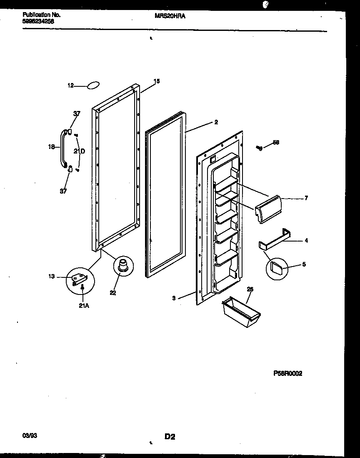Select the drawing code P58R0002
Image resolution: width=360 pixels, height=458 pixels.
pyautogui.click(x=287, y=374)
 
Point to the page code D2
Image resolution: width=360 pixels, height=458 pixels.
pyautogui.click(x=170, y=437)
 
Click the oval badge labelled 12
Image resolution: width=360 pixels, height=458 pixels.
pyautogui.click(x=93, y=86)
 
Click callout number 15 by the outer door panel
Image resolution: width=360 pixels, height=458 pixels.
pyautogui.click(x=156, y=81)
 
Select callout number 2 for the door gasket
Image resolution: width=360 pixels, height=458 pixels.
pyautogui.click(x=216, y=122)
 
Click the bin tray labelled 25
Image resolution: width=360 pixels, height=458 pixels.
pyautogui.click(x=240, y=313)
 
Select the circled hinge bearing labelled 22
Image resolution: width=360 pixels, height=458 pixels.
pyautogui.click(x=123, y=266)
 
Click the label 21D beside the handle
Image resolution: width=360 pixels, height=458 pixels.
pyautogui.click(x=79, y=151)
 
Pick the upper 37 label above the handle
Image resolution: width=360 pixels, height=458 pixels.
pyautogui.click(x=77, y=113)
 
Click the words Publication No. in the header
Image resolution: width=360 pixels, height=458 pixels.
pyautogui.click(x=41, y=15)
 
